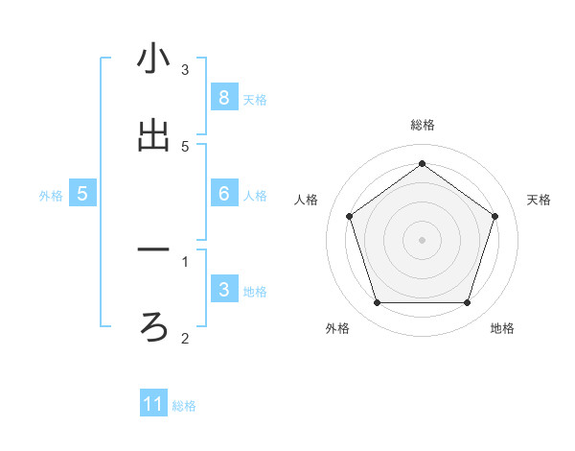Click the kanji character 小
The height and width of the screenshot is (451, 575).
click(x=153, y=59)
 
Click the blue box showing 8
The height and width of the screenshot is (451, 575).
click(x=223, y=97)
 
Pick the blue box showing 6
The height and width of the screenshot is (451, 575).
click(x=223, y=194)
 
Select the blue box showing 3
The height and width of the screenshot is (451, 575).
click(x=223, y=290)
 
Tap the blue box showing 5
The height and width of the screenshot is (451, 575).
click(x=82, y=194)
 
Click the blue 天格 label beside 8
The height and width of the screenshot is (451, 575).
click(x=255, y=99)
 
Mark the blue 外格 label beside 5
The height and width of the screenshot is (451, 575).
click(x=51, y=196)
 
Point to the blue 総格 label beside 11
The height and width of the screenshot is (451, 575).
click(x=184, y=406)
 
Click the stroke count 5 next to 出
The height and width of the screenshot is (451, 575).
click(x=185, y=146)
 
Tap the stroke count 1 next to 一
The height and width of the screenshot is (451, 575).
click(x=185, y=260)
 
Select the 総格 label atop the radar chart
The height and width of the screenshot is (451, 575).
click(x=422, y=125)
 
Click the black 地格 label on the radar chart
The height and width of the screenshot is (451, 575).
click(x=502, y=328)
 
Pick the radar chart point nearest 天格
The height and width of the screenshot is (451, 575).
click(x=494, y=216)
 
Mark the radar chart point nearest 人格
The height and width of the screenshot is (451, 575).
click(x=349, y=216)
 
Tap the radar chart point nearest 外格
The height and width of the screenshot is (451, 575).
click(x=377, y=302)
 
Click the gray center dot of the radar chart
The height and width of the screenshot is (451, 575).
click(x=422, y=239)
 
